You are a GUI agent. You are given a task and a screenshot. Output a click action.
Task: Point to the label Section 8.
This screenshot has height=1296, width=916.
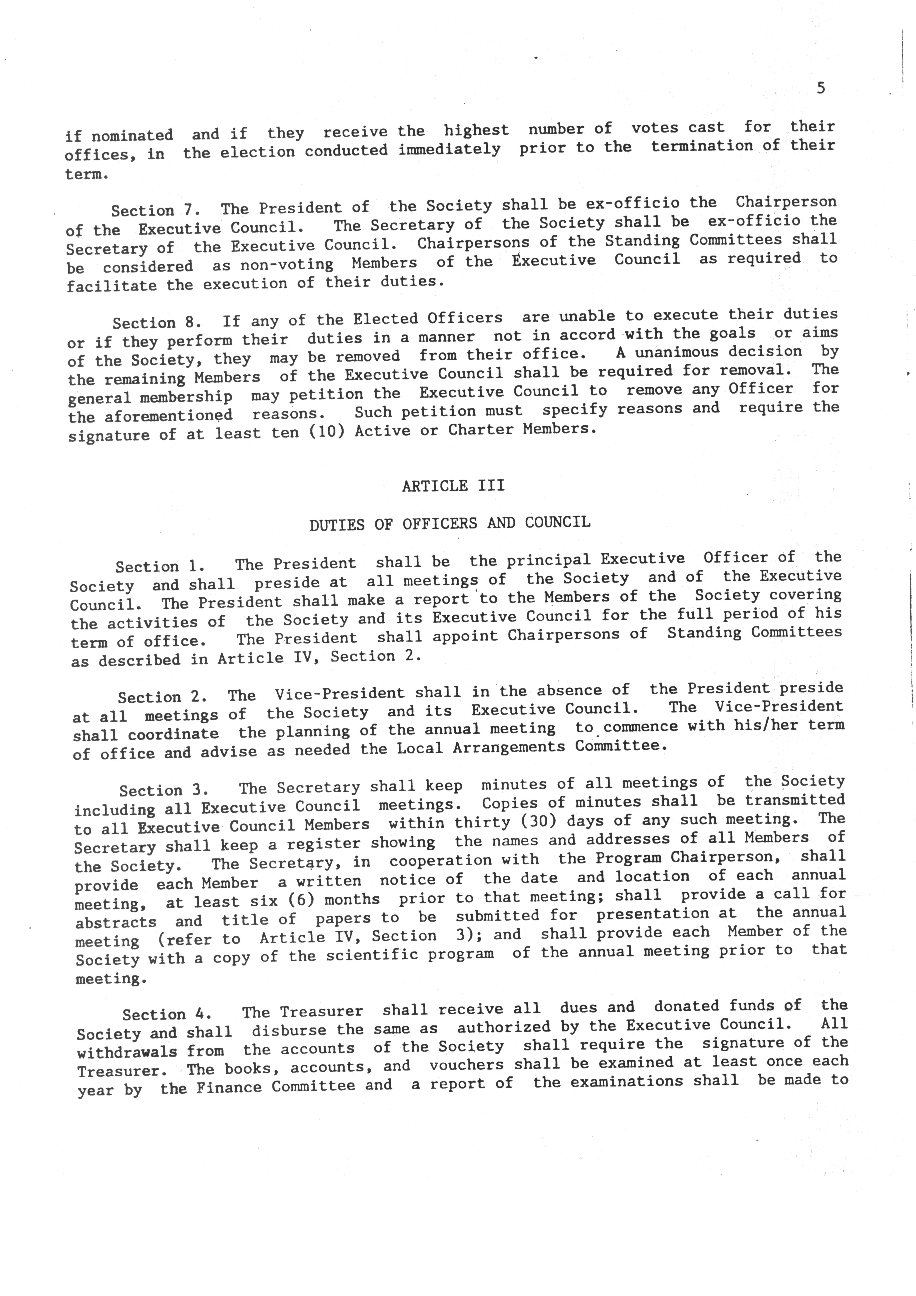(156, 322)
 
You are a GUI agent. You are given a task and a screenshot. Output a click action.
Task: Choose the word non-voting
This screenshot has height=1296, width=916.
(287, 264)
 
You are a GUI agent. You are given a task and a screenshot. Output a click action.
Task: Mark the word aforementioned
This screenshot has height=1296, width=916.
(168, 416)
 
